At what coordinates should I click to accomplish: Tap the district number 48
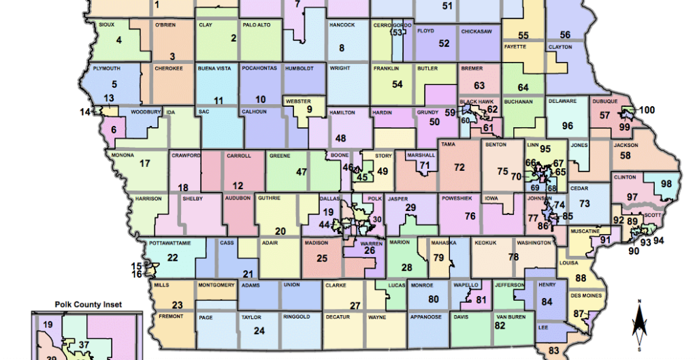point(341,138)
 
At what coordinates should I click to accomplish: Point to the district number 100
point(646,110)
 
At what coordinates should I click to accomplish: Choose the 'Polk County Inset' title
point(88,305)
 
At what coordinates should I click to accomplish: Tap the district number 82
point(500,326)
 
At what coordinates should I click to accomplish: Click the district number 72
point(459,167)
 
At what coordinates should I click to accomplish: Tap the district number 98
point(667,184)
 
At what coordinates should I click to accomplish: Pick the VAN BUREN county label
point(510,317)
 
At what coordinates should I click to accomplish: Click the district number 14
point(85,111)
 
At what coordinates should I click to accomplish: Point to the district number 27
point(355,305)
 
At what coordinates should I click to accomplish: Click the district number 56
point(565,35)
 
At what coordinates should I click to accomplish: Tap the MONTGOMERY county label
point(216,284)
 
